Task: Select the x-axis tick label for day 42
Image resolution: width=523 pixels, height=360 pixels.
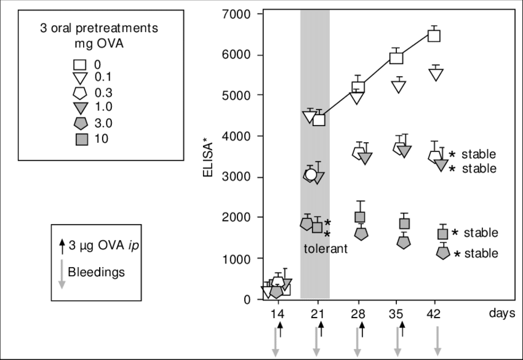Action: [x=436, y=313]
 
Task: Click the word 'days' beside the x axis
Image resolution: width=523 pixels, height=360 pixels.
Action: [x=501, y=313]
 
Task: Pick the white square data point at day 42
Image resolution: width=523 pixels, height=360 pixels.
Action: [x=434, y=35]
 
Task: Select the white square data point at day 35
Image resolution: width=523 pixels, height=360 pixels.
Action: [x=397, y=58]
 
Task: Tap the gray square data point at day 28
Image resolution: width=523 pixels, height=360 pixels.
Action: [x=361, y=217]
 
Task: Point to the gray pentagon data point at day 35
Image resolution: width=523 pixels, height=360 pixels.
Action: [x=404, y=242]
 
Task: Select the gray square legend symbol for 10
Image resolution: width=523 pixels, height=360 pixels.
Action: [x=81, y=139]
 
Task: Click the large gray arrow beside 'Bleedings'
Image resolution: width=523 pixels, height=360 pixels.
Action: [x=62, y=273]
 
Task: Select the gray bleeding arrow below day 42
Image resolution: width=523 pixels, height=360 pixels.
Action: [x=437, y=342]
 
